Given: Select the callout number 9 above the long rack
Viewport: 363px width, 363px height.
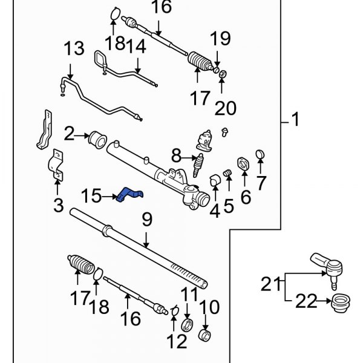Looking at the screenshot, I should pyautogui.click(x=145, y=220).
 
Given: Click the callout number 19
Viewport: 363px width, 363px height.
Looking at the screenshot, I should pyautogui.click(x=221, y=39).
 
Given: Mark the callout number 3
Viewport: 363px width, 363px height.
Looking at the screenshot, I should pyautogui.click(x=57, y=205).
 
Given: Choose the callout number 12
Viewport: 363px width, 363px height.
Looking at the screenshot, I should pyautogui.click(x=178, y=342).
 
